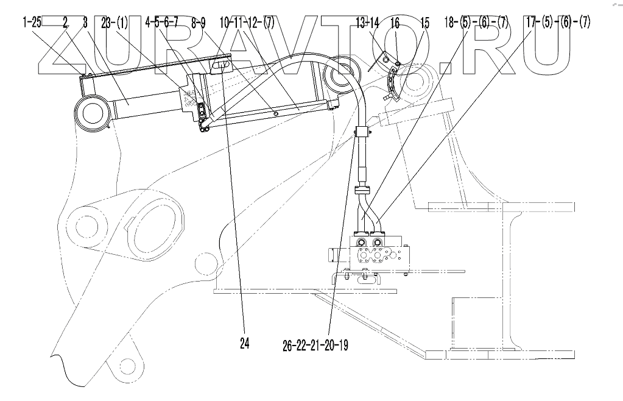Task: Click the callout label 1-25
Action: pos(33,24)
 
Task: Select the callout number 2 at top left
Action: pos(66,24)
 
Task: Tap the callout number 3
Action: pos(84,24)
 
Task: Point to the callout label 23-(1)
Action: pos(116,24)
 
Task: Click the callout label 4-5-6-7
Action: pos(162,24)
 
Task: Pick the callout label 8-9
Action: pos(199,24)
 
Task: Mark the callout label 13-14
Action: pos(368,24)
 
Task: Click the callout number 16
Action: pos(395,24)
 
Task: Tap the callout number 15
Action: pos(424,24)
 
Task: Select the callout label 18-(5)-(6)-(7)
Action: pos(477,24)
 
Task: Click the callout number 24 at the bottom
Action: pos(244,344)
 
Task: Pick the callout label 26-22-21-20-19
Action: pos(315,345)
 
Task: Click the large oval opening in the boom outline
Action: pos(155,223)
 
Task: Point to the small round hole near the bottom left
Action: pos(127,366)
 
